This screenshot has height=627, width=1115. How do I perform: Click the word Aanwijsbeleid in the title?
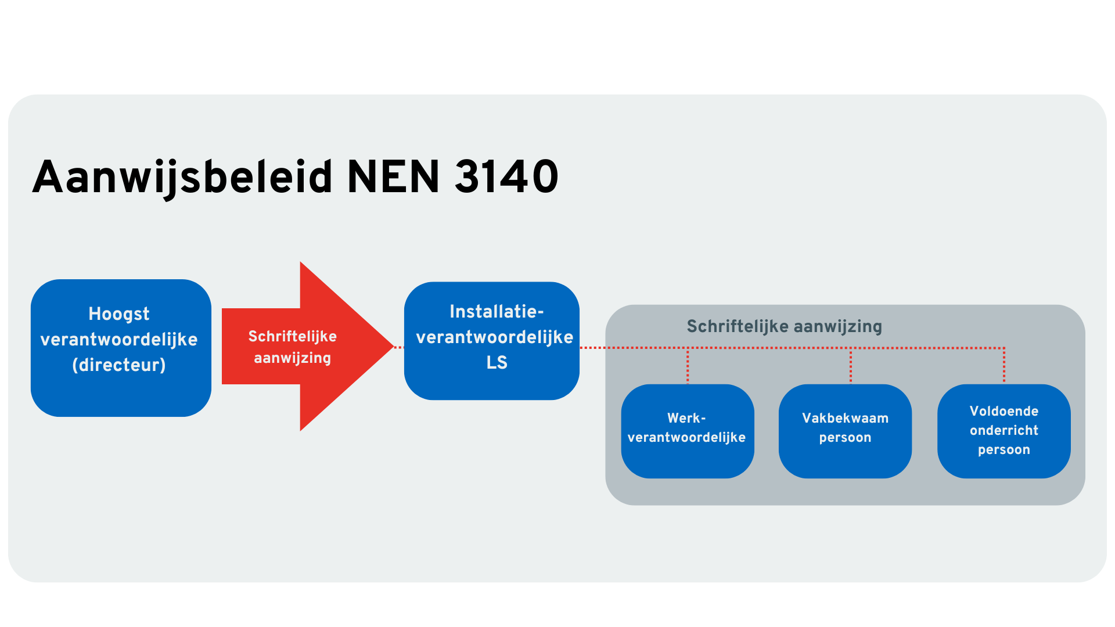(182, 177)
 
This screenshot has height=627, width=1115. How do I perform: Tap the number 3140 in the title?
(506, 177)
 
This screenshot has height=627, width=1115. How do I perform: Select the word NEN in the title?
(393, 177)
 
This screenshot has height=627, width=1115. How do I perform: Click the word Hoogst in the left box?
(119, 314)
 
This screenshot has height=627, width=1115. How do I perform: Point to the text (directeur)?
(119, 365)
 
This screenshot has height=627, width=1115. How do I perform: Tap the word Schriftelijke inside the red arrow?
(292, 337)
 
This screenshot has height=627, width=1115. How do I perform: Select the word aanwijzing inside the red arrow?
(292, 358)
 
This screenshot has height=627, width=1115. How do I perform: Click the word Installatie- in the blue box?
(497, 312)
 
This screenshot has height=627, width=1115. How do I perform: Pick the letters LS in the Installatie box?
(497, 363)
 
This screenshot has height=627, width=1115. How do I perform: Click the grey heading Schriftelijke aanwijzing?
(784, 326)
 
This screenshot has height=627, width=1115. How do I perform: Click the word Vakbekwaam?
(845, 418)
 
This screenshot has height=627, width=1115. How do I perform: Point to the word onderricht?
(1003, 430)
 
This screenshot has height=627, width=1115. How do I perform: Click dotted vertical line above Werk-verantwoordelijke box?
(688, 366)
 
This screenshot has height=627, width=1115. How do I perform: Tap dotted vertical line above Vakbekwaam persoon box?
(851, 366)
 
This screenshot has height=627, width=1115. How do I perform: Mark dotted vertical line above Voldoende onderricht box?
(1004, 366)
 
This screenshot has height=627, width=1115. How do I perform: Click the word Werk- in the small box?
(686, 418)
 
